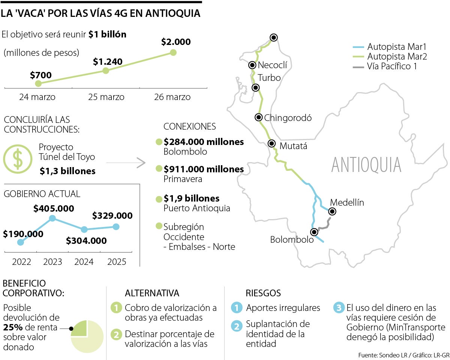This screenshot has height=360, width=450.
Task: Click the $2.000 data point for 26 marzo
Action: click(173, 52)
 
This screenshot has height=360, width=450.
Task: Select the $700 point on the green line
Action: click(38, 83)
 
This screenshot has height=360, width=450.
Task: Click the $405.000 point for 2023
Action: click(52, 218)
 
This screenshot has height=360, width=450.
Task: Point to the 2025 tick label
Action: click(117, 262)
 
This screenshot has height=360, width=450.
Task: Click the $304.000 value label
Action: click(86, 241)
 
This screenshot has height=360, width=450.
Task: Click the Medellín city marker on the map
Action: click(332, 212)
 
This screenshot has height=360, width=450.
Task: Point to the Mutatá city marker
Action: click(272, 144)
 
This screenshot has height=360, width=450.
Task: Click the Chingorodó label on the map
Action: click(288, 118)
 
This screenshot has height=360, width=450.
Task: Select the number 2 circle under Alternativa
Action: click(116, 335)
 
